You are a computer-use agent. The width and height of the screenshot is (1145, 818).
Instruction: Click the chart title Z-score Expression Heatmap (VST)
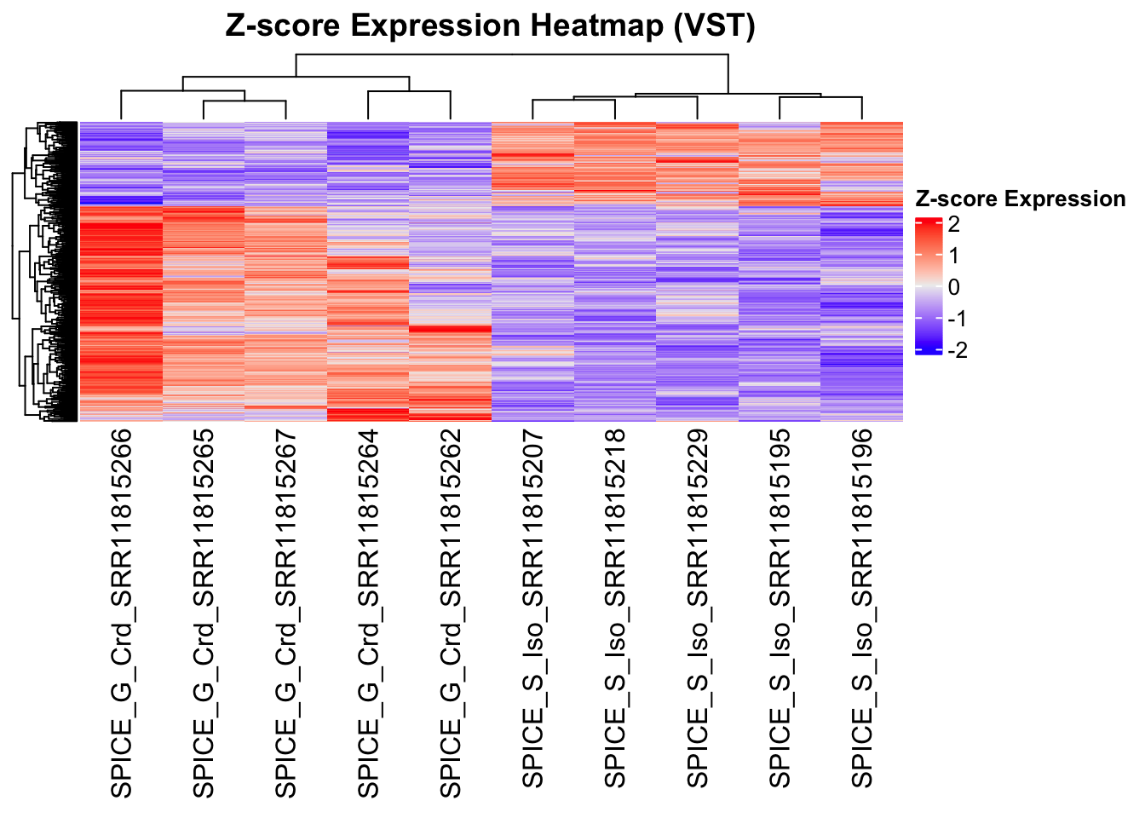[x=490, y=26]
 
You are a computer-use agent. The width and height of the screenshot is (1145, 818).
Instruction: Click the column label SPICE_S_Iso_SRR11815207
[x=532, y=608]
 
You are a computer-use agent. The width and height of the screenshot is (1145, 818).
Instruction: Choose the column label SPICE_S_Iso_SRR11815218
[x=615, y=608]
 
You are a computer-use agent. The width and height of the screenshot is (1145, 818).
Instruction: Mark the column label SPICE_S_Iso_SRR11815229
[x=698, y=608]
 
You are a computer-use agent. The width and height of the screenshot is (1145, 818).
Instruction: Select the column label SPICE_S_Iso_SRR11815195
[x=780, y=608]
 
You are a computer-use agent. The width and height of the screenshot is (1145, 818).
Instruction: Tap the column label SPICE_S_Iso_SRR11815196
[x=862, y=608]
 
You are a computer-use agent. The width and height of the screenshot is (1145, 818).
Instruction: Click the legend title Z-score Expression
[x=1020, y=199]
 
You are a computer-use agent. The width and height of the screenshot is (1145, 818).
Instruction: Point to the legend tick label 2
[x=953, y=225]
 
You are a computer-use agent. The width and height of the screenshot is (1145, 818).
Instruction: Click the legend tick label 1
[x=953, y=256]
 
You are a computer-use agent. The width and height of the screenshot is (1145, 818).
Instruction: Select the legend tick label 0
[x=953, y=287]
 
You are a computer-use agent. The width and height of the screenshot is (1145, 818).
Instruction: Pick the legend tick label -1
[x=957, y=319]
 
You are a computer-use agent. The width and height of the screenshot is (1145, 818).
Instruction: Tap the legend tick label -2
[x=957, y=350]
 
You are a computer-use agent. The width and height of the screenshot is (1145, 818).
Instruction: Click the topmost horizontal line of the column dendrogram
[x=511, y=55]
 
